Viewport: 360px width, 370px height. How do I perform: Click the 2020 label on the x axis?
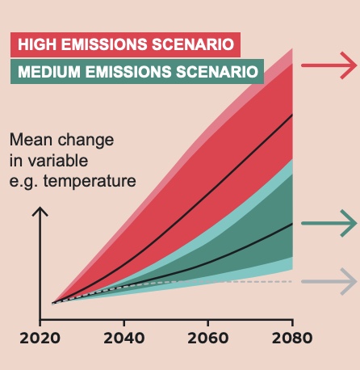(x=40, y=338)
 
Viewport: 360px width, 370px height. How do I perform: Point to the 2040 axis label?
(x=124, y=338)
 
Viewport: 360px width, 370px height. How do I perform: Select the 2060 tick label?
(x=208, y=338)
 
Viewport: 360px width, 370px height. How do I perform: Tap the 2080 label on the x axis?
(x=292, y=338)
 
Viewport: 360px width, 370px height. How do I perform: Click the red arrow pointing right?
(x=329, y=65)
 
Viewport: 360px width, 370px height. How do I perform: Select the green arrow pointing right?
(x=329, y=223)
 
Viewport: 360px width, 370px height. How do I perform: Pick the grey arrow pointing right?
(x=329, y=282)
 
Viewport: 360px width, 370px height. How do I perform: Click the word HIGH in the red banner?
(x=37, y=44)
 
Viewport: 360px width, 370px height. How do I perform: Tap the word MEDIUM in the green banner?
(x=49, y=72)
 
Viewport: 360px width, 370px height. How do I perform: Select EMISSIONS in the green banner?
(x=128, y=72)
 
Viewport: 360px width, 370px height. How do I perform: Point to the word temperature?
(x=90, y=181)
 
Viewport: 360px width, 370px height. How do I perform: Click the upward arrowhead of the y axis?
(x=40, y=212)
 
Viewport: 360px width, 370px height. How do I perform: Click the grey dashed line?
(x=172, y=282)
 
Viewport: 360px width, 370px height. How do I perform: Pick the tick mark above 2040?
(x=124, y=323)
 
